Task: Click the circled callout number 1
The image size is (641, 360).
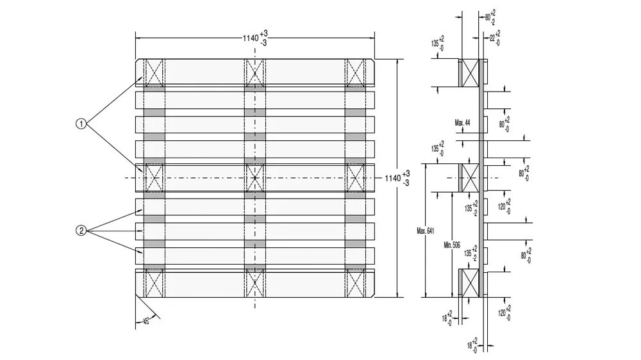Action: tap(81, 124)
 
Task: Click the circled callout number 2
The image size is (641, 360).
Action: tap(81, 231)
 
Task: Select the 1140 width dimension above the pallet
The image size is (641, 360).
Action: tap(254, 37)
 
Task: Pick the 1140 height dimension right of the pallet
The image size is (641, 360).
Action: tap(397, 178)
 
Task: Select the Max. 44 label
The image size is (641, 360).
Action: tap(463, 122)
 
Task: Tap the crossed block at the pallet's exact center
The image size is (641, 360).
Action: tap(254, 177)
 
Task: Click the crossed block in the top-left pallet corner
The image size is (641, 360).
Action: tap(154, 72)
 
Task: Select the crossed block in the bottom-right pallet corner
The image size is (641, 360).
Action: tap(355, 283)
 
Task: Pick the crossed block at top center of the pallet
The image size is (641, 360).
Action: tap(254, 72)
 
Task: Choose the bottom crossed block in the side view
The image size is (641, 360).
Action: tap(470, 282)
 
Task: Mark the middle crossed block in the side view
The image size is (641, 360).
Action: tap(470, 177)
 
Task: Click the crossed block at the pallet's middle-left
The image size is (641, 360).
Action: tap(154, 177)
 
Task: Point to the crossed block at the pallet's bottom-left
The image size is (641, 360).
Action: tap(154, 283)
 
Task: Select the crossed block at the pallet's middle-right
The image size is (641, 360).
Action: tap(355, 177)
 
